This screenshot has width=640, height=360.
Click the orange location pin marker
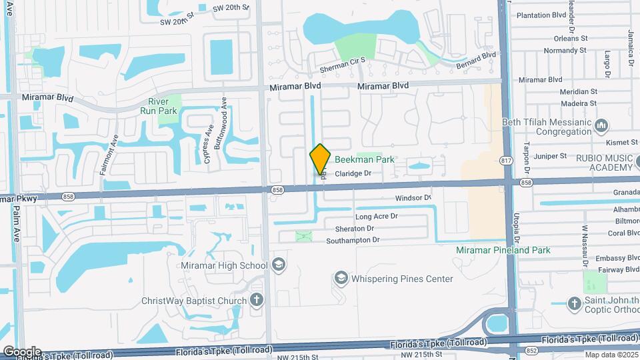point(320,159)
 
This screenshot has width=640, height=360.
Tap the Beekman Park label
point(364,160)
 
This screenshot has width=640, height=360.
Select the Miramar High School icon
point(278,265)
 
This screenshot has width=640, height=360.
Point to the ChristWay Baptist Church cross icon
point(257,301)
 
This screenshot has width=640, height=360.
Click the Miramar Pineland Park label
point(503,250)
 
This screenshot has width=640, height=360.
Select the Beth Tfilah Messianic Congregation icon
point(602,125)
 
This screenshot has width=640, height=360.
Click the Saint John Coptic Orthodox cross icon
point(575,303)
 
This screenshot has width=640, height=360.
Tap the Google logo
point(21,351)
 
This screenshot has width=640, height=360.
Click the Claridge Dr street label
point(353,173)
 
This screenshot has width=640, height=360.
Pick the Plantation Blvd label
point(541,14)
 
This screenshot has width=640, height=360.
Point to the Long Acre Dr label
point(376,217)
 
